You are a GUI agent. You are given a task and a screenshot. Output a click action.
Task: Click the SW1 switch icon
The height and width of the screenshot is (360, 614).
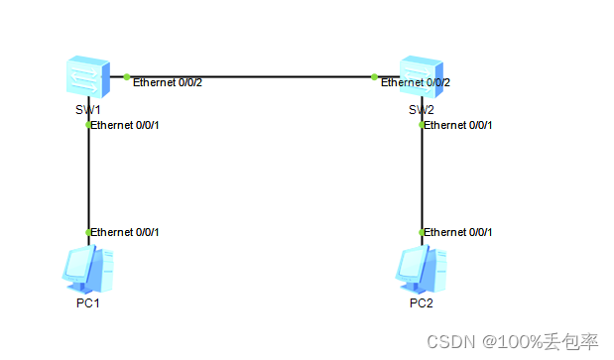click(x=88, y=75)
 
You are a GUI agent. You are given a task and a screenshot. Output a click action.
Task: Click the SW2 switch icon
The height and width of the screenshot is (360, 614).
click(x=421, y=75)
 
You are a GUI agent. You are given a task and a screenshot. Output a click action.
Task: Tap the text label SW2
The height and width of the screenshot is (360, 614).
click(x=422, y=108)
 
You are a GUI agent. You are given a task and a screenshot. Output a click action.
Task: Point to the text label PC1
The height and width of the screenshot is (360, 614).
click(x=88, y=302)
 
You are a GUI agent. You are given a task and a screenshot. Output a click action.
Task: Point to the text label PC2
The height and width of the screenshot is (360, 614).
click(x=422, y=302)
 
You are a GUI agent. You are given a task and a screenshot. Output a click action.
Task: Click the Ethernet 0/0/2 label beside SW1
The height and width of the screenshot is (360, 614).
click(x=168, y=82)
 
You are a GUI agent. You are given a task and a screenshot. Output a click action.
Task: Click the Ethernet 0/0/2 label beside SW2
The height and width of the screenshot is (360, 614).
click(x=417, y=82)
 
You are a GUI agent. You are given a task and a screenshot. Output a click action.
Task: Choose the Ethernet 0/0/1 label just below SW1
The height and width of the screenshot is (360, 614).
click(x=125, y=125)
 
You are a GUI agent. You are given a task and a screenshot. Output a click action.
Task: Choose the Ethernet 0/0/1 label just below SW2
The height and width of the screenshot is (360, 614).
click(x=458, y=125)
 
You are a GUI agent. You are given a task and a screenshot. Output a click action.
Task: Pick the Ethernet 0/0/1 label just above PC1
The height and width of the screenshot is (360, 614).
click(x=125, y=232)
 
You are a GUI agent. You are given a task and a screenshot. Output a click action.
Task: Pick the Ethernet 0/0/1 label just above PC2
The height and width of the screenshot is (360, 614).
click(x=458, y=232)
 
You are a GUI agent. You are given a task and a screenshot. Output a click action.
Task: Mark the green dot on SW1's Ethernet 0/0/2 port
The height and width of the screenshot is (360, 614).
click(x=127, y=76)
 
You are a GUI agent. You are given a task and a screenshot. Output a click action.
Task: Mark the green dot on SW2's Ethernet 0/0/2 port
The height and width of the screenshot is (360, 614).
click(x=375, y=76)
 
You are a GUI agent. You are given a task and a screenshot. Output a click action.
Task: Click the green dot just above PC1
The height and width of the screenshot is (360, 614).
click(x=88, y=232)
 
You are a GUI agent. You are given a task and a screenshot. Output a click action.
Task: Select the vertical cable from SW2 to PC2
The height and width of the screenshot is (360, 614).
click(x=422, y=179)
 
